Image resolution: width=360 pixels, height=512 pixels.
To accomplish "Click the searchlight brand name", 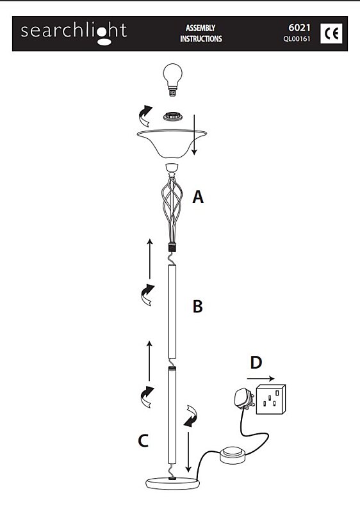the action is [74, 32].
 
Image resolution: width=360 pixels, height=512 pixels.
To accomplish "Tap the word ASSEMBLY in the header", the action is [200, 28].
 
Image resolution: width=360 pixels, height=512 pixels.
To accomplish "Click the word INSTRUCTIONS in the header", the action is [201, 39].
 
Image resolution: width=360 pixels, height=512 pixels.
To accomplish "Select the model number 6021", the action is [299, 28].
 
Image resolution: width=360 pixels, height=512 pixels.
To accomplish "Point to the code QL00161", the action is [297, 39].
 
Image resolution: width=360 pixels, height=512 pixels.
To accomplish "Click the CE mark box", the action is [331, 33].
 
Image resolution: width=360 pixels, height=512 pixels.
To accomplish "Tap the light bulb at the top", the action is [172, 79].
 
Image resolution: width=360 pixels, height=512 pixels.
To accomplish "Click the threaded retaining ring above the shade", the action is [172, 116].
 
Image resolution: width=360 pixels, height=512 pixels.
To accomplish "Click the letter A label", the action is [198, 197].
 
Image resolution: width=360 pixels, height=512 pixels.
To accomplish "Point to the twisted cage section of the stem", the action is [172, 209].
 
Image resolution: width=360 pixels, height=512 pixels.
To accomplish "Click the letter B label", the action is [198, 307].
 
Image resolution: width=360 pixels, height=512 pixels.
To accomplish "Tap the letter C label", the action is [143, 441].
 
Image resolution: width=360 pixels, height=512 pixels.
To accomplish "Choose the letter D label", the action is [256, 362].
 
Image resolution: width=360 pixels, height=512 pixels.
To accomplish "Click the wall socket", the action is [271, 399].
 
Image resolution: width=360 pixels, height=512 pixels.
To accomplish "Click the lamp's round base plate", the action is [172, 483].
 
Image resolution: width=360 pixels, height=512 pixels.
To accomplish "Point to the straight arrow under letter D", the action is [261, 379].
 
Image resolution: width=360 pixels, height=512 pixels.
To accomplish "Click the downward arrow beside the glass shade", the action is [194, 134].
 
